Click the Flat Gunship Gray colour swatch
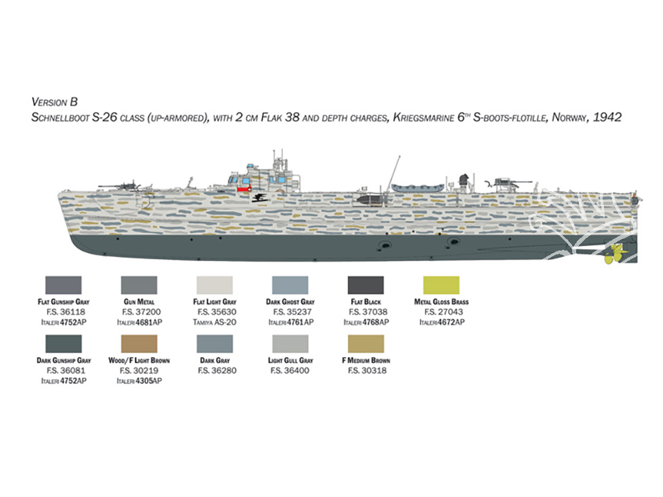coord(64,285)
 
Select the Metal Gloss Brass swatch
coord(441,285)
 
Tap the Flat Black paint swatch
coord(366,285)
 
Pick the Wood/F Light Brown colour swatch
coord(139,344)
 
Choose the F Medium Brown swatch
coord(366,344)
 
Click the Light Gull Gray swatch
coord(290,344)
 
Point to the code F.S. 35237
coord(290,312)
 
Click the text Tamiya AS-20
coord(215,322)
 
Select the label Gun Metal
coord(139,302)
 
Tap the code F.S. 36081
coord(66,370)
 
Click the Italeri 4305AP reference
coord(139,381)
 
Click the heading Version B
coord(54,102)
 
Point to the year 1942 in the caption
coord(607,117)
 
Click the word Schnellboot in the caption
coord(60,117)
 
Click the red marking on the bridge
coord(244,190)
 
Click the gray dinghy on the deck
coord(418,188)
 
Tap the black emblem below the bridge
coord(259,197)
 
